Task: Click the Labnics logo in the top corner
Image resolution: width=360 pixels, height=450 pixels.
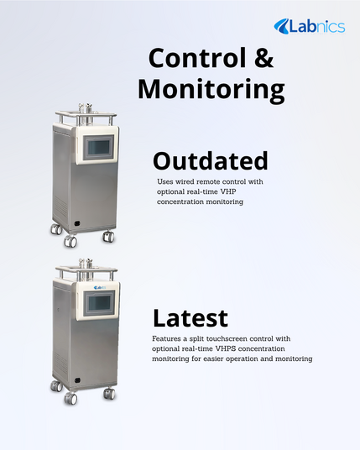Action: pyautogui.click(x=310, y=26)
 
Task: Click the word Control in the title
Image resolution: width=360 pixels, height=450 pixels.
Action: pyautogui.click(x=197, y=58)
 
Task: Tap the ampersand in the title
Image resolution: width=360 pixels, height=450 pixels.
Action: pyautogui.click(x=263, y=58)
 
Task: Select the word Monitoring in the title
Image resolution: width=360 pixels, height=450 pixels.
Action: pyautogui.click(x=211, y=90)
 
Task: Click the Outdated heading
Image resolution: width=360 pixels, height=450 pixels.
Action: pyautogui.click(x=211, y=160)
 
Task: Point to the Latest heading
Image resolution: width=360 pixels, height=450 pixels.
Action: pyautogui.click(x=190, y=318)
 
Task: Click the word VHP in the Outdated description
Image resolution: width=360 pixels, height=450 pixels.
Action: pyautogui.click(x=228, y=191)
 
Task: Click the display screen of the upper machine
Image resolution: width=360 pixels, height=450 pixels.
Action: pyautogui.click(x=98, y=147)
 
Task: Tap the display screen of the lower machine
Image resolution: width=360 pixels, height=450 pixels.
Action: pyautogui.click(x=99, y=303)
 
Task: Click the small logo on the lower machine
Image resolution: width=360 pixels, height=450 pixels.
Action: pyautogui.click(x=100, y=288)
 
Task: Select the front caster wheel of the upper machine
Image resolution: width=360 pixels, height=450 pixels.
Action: pyautogui.click(x=70, y=241)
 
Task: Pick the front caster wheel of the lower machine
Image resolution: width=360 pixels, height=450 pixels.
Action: pyautogui.click(x=70, y=398)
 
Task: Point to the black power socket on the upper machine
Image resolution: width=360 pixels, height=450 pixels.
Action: pyautogui.click(x=77, y=223)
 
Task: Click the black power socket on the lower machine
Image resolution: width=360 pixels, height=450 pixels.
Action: pyautogui.click(x=77, y=380)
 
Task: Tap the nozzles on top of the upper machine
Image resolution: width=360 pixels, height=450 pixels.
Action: pyautogui.click(x=85, y=108)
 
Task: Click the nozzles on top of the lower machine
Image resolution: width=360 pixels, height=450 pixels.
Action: pyautogui.click(x=86, y=264)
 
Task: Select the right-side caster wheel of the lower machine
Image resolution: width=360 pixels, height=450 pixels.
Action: pyautogui.click(x=109, y=393)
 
